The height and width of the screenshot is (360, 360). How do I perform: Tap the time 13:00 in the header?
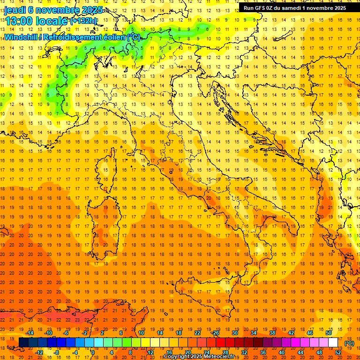pyautogui.click(x=21, y=21)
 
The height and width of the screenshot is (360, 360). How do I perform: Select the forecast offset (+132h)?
pyautogui.click(x=83, y=21)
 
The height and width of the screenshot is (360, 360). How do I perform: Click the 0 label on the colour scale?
pyautogui.click(x=92, y=352)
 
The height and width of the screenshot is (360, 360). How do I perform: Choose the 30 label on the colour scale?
pyautogui.click(x=235, y=333)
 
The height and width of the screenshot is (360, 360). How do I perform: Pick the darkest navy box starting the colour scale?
pyautogui.click(x=23, y=343)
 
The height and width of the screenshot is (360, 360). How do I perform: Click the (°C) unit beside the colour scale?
pyautogui.click(x=349, y=343)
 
